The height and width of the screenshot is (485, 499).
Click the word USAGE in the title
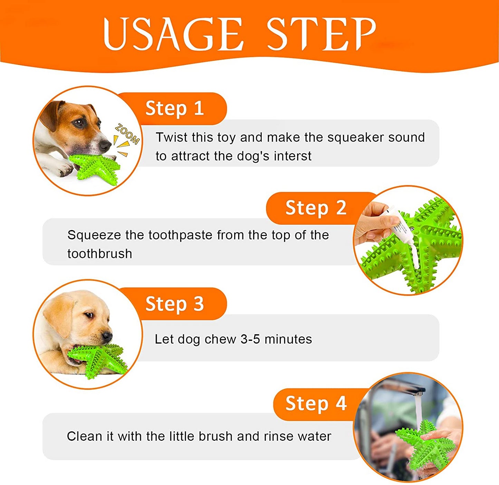tap(173, 34)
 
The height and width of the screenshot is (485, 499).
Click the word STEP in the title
tap(321, 34)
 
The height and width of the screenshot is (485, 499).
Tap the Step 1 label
tap(175, 109)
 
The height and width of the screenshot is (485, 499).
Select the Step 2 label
tap(316, 208)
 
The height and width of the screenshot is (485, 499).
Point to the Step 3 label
tap(175, 304)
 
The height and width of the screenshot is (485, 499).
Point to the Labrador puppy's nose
tap(107, 336)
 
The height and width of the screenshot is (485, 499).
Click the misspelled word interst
tap(292, 156)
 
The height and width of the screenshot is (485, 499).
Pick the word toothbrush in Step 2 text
tap(100, 254)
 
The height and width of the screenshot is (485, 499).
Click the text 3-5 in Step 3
tap(250, 339)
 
